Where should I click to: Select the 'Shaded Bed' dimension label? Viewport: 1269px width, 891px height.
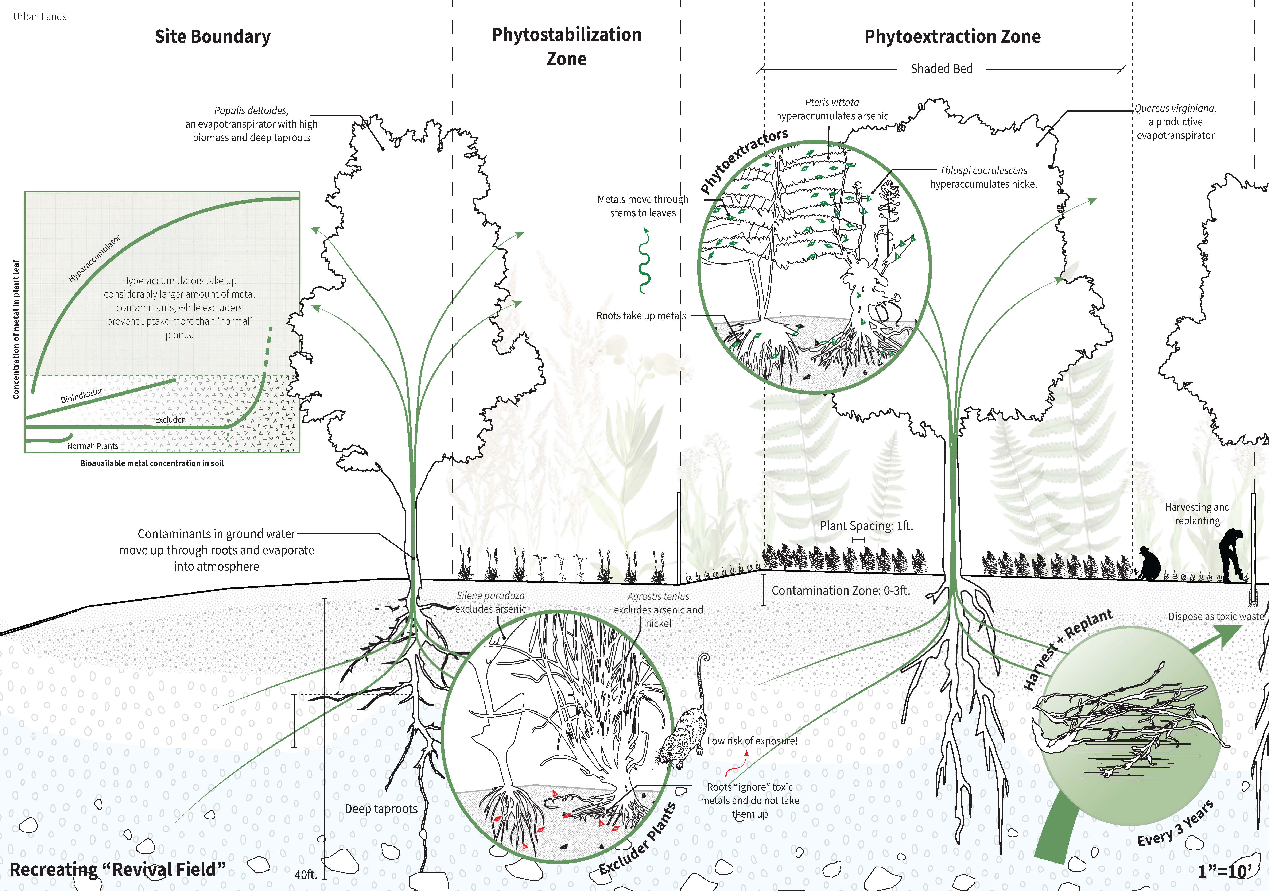pyautogui.click(x=941, y=69)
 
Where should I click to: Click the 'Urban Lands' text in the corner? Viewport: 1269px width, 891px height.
pyautogui.click(x=40, y=17)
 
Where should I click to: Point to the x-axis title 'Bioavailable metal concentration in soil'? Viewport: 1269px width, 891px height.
pyautogui.click(x=152, y=463)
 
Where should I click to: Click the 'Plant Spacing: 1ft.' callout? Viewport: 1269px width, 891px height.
pyautogui.click(x=866, y=526)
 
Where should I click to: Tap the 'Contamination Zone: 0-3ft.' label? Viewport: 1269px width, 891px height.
pyautogui.click(x=840, y=590)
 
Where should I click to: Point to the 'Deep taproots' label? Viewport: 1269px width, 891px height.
pyautogui.click(x=381, y=809)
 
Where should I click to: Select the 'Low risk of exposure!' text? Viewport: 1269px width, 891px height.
pyautogui.click(x=752, y=741)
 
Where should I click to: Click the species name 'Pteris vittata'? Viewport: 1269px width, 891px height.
pyautogui.click(x=832, y=102)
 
